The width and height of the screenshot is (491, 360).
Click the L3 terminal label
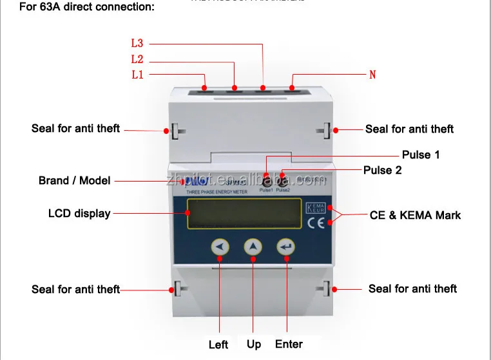point(137,44)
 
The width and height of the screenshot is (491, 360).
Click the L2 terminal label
point(137,59)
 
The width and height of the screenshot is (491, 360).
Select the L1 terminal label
point(137,75)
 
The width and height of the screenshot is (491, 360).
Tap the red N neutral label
point(372,75)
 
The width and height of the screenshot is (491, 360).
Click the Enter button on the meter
point(285,247)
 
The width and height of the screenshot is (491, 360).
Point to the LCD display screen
point(244,213)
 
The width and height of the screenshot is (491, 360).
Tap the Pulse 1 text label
point(421,155)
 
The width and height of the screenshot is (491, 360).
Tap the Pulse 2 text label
point(383,170)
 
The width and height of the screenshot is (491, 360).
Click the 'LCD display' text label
point(79,213)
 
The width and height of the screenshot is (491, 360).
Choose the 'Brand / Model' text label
point(74,180)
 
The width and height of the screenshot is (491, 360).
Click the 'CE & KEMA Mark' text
point(415,214)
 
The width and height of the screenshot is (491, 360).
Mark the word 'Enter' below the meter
point(289,344)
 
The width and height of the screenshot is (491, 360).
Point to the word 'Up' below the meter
point(254,344)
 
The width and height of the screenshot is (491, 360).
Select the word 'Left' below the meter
point(218,345)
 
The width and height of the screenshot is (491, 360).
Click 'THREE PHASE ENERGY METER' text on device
point(215,193)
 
